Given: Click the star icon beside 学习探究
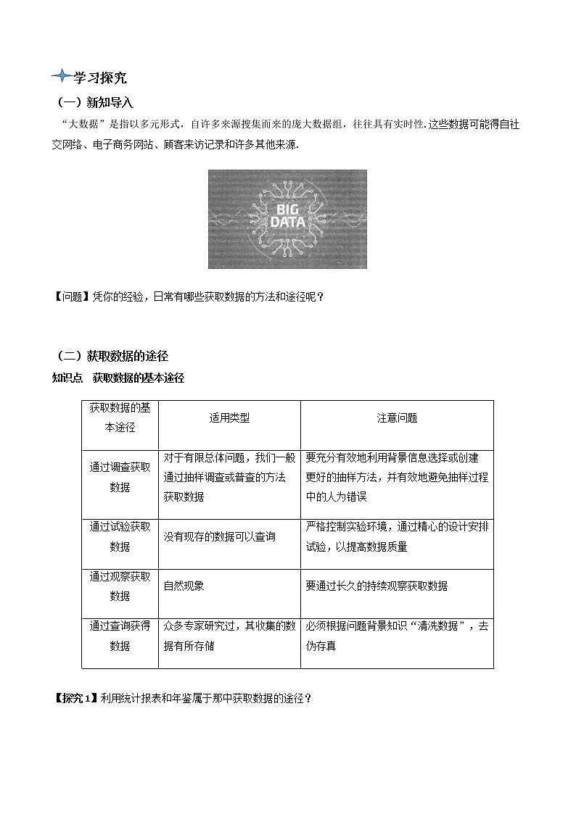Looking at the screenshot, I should pyautogui.click(x=61, y=76).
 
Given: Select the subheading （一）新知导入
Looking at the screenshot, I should pyautogui.click(x=95, y=102).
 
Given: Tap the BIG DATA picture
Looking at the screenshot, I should pyautogui.click(x=287, y=219).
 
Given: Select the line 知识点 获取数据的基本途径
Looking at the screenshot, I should pyautogui.click(x=118, y=378).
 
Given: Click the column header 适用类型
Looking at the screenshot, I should pyautogui.click(x=229, y=418).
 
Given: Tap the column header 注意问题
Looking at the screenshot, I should pyautogui.click(x=397, y=418).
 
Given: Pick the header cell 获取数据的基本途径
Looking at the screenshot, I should pyautogui.click(x=120, y=418).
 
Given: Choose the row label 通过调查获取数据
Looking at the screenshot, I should pyautogui.click(x=120, y=477).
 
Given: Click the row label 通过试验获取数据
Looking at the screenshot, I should pyautogui.click(x=120, y=536).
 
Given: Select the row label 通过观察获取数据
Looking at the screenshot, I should pyautogui.click(x=120, y=586).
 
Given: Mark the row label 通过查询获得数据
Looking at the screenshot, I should pyautogui.click(x=120, y=636).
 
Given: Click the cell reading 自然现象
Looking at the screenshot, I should pyautogui.click(x=184, y=586).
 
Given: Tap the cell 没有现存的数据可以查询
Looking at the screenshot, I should pyautogui.click(x=219, y=536).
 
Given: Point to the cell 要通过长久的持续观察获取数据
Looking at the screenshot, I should pyautogui.click(x=377, y=586).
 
